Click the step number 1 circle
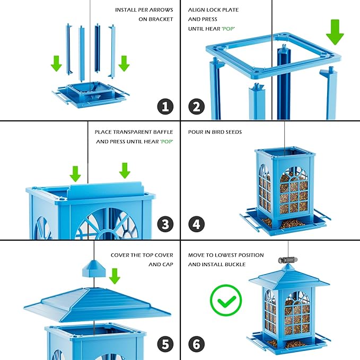click(x=165, y=106)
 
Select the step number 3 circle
click(x=165, y=224)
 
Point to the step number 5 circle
click(x=165, y=344)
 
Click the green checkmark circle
click(x=225, y=301)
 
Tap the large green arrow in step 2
click(x=335, y=31)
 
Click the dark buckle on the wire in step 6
click(x=284, y=260)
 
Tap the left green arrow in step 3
click(x=75, y=173)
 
